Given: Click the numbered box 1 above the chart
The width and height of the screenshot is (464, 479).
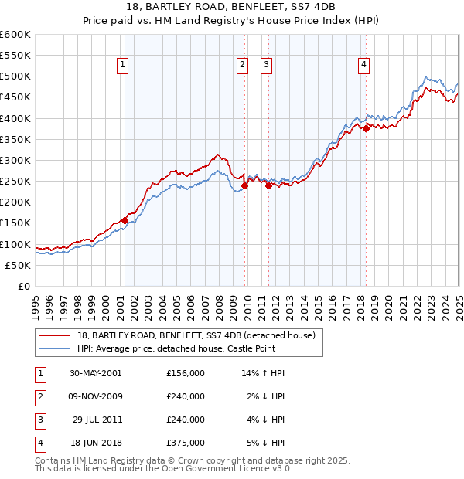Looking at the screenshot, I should pyautogui.click(x=124, y=66).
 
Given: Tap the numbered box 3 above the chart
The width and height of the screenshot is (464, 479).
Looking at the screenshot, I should pyautogui.click(x=266, y=66).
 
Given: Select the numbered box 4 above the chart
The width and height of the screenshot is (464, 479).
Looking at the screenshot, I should pyautogui.click(x=363, y=66).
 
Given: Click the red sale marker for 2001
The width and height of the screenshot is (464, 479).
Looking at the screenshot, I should pyautogui.click(x=125, y=220).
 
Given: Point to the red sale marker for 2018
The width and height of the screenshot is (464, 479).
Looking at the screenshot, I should pyautogui.click(x=366, y=129).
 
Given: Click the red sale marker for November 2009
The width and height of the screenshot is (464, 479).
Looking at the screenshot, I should pyautogui.click(x=244, y=185).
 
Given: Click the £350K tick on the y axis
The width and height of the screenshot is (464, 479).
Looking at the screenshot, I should pyautogui.click(x=15, y=139).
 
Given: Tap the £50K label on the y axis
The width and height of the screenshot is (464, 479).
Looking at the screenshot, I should pyautogui.click(x=19, y=265).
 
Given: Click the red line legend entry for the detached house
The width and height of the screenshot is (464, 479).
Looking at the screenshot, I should pyautogui.click(x=196, y=336).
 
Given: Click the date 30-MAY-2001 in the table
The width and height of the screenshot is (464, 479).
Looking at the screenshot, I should pyautogui.click(x=95, y=373).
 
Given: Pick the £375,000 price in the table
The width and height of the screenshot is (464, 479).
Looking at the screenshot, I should pyautogui.click(x=186, y=443).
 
